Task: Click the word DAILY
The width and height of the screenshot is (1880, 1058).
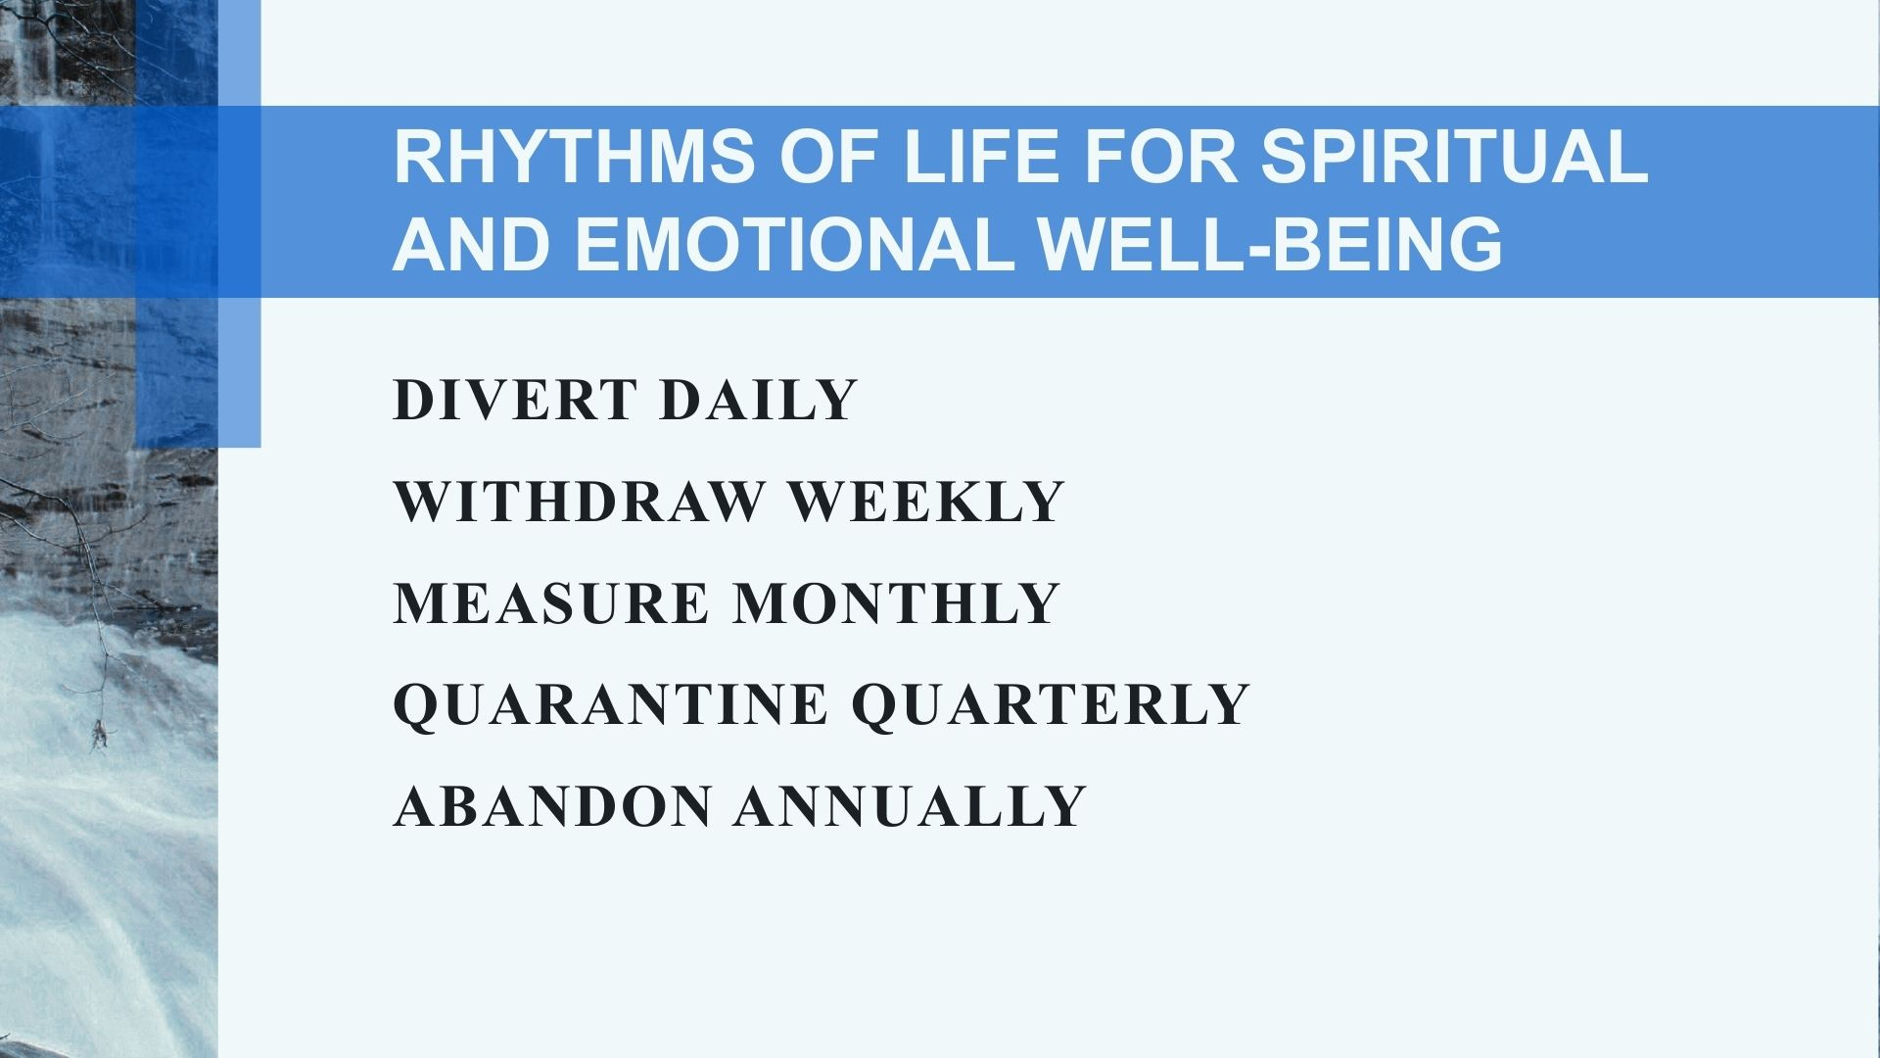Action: tap(759, 400)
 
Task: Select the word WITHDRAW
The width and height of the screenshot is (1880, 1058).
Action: tap(579, 502)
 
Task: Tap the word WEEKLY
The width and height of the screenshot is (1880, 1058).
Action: tap(926, 502)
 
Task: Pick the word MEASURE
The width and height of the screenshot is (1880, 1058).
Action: tap(551, 603)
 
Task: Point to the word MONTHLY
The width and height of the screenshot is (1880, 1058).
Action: tap(897, 603)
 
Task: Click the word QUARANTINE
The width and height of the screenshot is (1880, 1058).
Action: tap(610, 705)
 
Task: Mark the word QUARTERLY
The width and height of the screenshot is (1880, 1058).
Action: tap(1050, 705)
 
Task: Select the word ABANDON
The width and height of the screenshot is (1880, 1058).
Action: tap(552, 807)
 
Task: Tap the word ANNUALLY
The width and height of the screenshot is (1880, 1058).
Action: tap(910, 807)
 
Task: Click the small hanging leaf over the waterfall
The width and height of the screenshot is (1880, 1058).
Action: tap(98, 735)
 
